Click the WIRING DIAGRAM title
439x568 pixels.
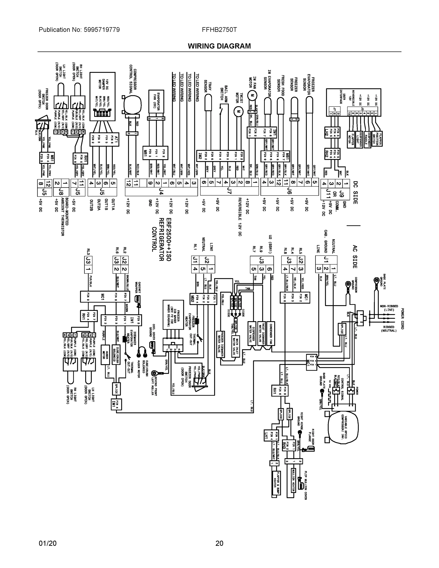point(219,46)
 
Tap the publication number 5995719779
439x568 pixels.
point(102,30)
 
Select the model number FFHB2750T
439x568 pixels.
point(219,30)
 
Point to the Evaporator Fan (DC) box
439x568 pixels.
point(156,102)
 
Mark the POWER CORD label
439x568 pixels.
point(402,319)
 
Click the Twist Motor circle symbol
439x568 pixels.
point(237,111)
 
